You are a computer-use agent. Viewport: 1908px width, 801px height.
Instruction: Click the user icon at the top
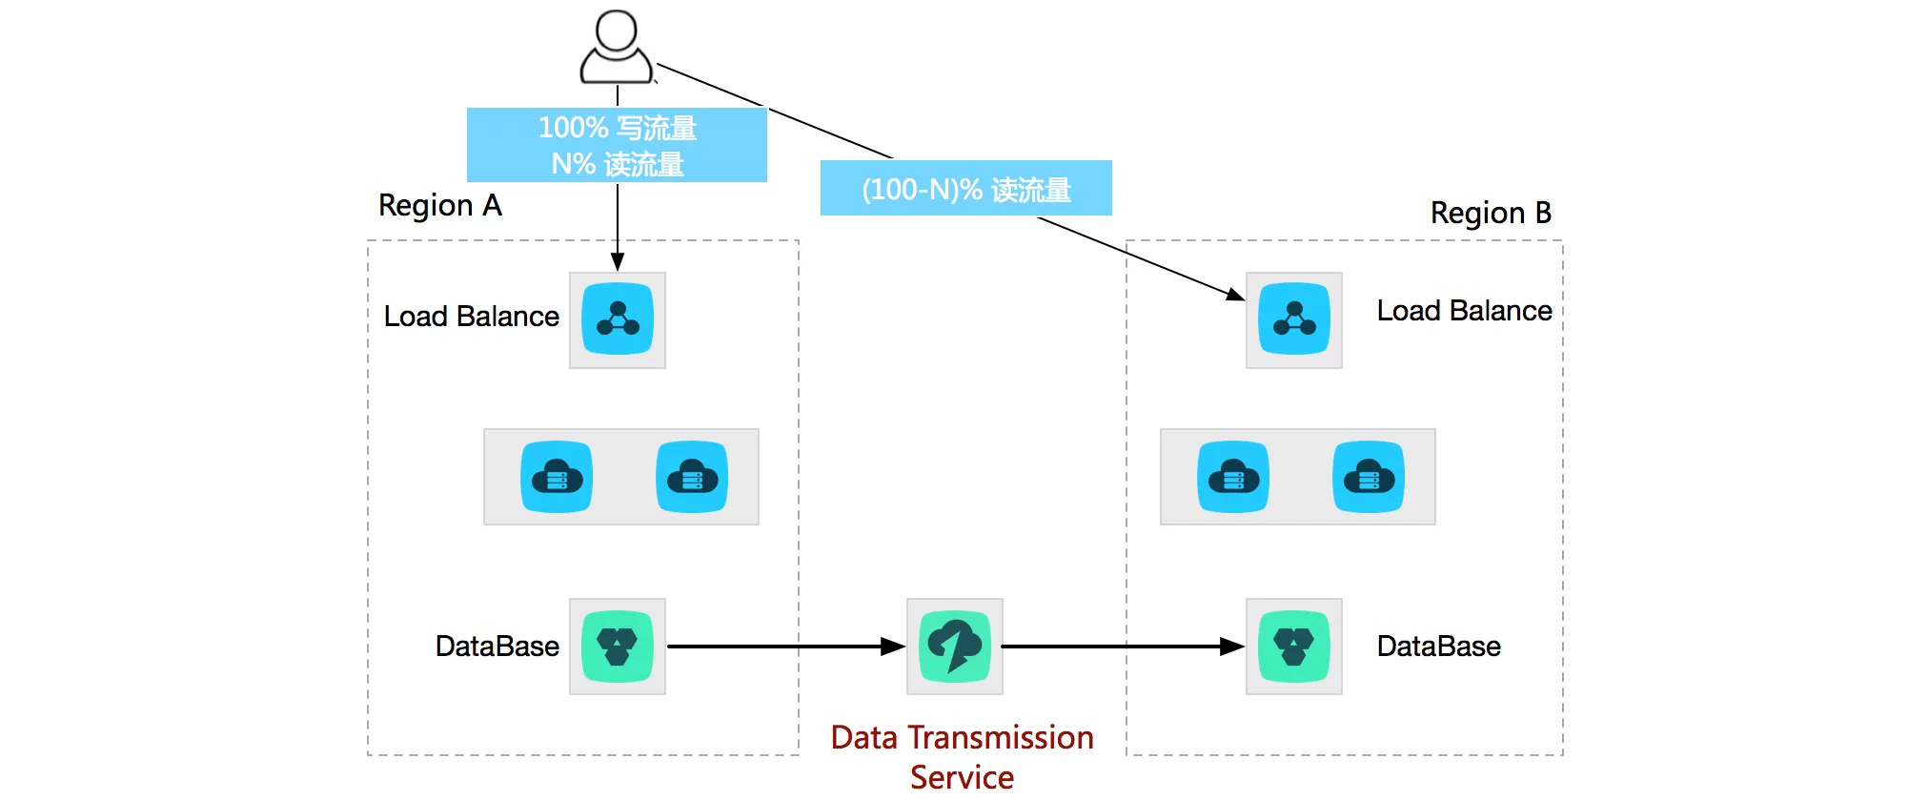[x=617, y=48]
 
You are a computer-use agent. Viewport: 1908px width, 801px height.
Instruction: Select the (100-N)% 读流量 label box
[x=965, y=189]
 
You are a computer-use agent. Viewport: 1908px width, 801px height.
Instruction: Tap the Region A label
[x=439, y=205]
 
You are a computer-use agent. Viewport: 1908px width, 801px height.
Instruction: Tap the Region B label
[x=1491, y=213]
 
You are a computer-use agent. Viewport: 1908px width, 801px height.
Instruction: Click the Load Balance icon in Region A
[x=618, y=320]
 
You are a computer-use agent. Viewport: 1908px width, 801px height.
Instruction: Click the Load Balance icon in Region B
[x=1293, y=320]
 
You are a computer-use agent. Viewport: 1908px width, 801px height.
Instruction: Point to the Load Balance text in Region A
[x=471, y=317]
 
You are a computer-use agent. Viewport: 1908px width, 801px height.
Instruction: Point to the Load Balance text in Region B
[x=1464, y=311]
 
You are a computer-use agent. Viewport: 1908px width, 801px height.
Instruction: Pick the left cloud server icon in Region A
[x=557, y=477]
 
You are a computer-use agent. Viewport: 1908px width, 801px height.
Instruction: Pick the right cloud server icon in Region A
[x=692, y=477]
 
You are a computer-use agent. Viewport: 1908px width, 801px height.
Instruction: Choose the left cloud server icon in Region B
[x=1233, y=477]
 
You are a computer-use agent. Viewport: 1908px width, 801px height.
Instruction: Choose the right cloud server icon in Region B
[x=1369, y=477]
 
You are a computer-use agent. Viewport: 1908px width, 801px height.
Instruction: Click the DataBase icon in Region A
[x=618, y=647]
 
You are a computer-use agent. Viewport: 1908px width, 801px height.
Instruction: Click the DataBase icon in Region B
[x=1293, y=647]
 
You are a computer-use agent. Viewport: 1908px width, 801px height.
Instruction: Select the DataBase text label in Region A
[x=497, y=647]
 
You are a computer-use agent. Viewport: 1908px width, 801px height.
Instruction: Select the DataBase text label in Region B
[x=1438, y=647]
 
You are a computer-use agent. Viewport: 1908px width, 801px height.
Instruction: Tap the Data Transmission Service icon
[x=955, y=647]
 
